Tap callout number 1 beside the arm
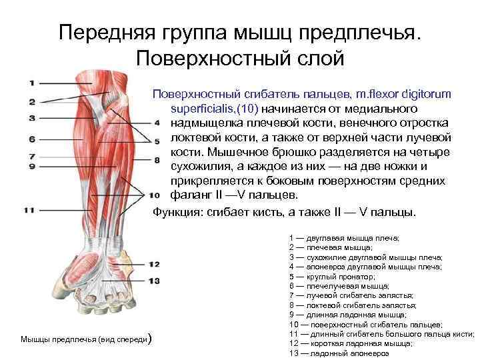click(x=32, y=83)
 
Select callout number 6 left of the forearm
click(x=32, y=139)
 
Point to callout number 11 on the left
click(x=30, y=210)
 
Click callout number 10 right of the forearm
click(x=154, y=195)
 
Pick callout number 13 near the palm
click(x=154, y=281)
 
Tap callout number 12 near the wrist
click(x=154, y=265)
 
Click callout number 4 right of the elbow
click(x=156, y=123)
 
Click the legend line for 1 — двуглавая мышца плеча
click(x=344, y=237)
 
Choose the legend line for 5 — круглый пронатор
click(x=333, y=275)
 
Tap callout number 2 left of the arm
click(x=32, y=101)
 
